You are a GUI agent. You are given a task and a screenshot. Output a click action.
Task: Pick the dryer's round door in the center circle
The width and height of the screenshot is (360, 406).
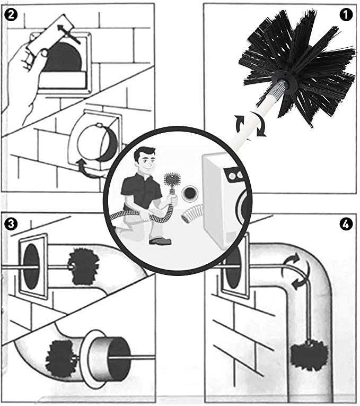click(243, 204)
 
